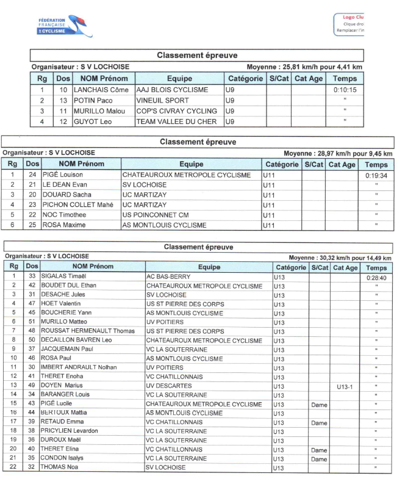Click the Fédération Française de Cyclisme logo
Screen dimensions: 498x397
tap(65, 26)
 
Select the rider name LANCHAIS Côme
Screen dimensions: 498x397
tap(98, 90)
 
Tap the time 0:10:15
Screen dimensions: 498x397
tap(345, 90)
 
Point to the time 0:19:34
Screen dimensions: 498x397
tap(376, 175)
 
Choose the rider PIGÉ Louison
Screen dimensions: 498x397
tap(63, 175)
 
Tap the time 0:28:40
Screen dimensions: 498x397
tap(376, 277)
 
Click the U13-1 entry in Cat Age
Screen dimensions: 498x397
tap(345, 386)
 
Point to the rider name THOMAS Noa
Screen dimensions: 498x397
tap(59, 467)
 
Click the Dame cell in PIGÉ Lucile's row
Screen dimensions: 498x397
tap(319, 404)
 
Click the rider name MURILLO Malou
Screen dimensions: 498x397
tap(99, 111)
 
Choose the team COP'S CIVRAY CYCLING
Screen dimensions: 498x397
tap(176, 111)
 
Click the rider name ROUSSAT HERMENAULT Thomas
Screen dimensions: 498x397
tap(87, 331)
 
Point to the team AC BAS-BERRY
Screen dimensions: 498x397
tap(168, 276)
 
